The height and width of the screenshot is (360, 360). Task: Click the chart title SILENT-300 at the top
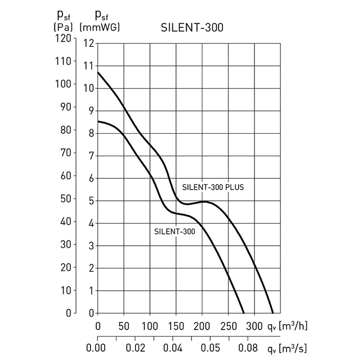192,28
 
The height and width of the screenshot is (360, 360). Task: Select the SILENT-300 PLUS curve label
212,187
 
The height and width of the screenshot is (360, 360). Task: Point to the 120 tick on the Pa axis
63,38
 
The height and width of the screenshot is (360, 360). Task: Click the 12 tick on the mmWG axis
89,44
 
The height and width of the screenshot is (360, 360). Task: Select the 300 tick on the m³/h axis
255,325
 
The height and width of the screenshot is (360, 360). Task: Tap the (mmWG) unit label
99,27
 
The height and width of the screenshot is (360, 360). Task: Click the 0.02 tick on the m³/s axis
135,348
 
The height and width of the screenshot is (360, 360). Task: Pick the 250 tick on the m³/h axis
229,325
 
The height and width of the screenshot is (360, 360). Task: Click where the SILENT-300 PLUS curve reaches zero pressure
273,313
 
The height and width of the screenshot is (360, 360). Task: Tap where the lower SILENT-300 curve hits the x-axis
243,313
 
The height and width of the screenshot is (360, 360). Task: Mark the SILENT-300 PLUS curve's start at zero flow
98,72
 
